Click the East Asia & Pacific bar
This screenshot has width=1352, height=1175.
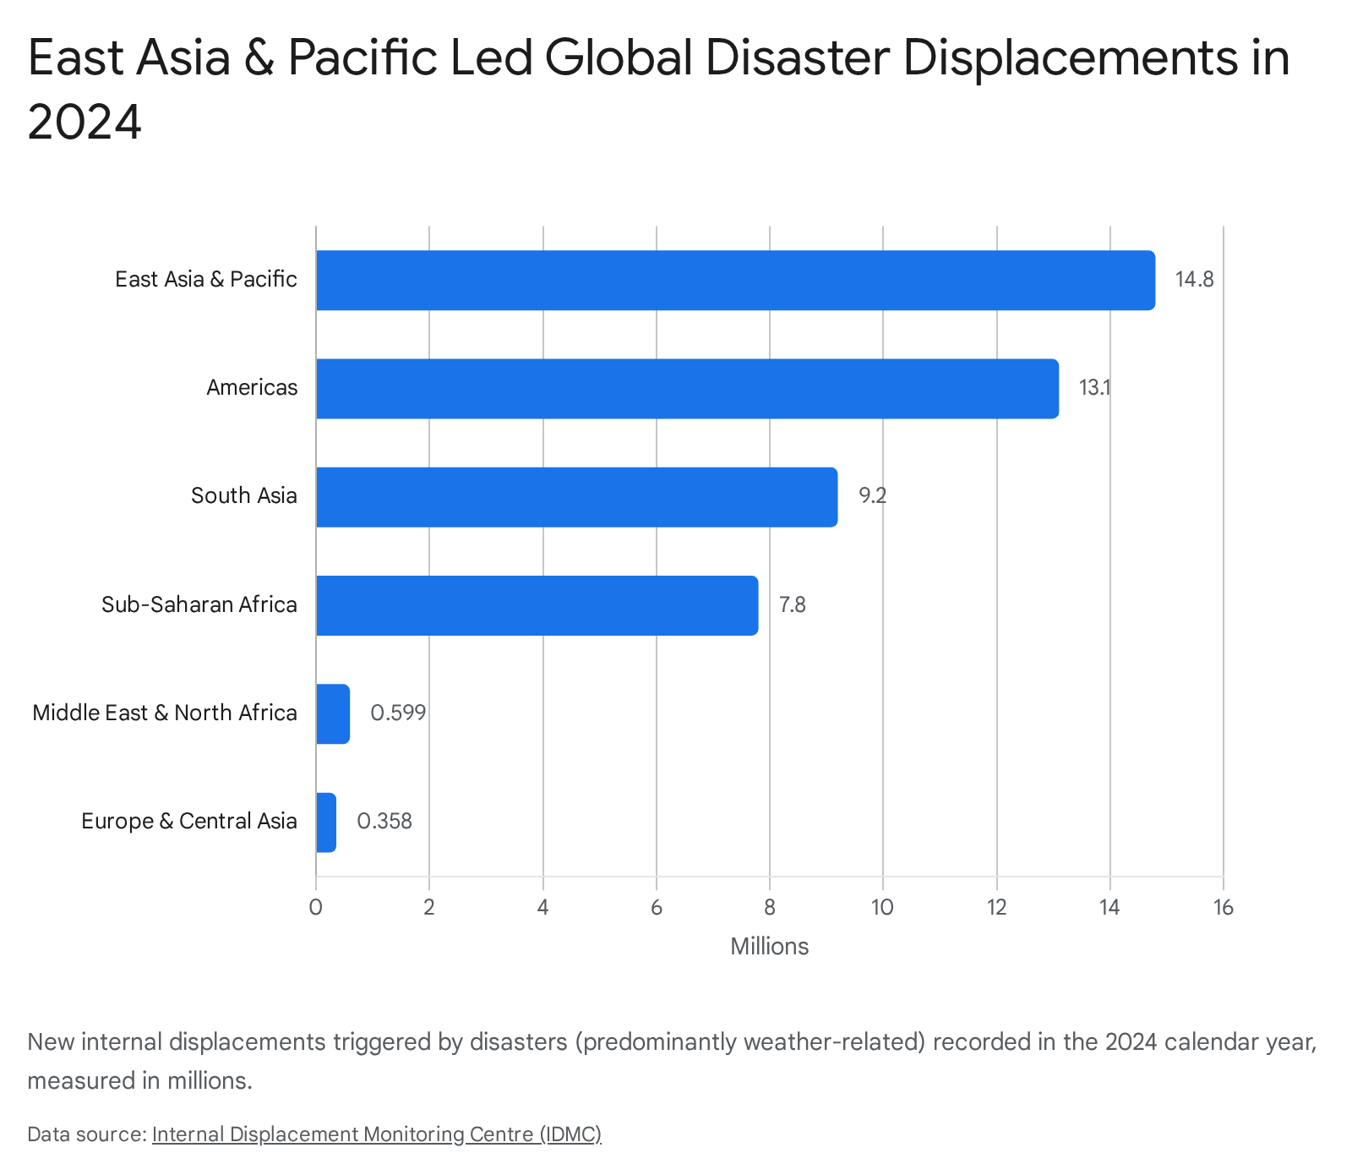735,280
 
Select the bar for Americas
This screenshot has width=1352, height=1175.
687,388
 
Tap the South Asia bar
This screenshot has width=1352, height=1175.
576,497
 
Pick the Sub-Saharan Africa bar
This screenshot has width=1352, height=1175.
537,605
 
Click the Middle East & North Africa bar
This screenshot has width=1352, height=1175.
333,713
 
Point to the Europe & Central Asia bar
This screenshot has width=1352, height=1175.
326,822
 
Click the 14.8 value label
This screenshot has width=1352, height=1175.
1194,280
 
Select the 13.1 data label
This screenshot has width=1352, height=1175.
1094,388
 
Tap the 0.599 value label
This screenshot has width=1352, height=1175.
398,713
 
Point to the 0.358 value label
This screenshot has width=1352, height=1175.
384,822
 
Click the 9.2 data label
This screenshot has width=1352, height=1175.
873,496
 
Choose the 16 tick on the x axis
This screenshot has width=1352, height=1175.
1223,908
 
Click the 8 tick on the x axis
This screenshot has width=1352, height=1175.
770,908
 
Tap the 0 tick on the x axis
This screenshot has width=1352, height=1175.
316,908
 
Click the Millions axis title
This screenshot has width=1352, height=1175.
769,947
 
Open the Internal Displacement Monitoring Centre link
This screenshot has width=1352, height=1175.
377,1134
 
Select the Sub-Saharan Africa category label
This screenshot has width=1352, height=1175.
199,604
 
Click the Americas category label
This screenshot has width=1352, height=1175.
252,387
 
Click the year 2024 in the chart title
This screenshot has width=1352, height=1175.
84,123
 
